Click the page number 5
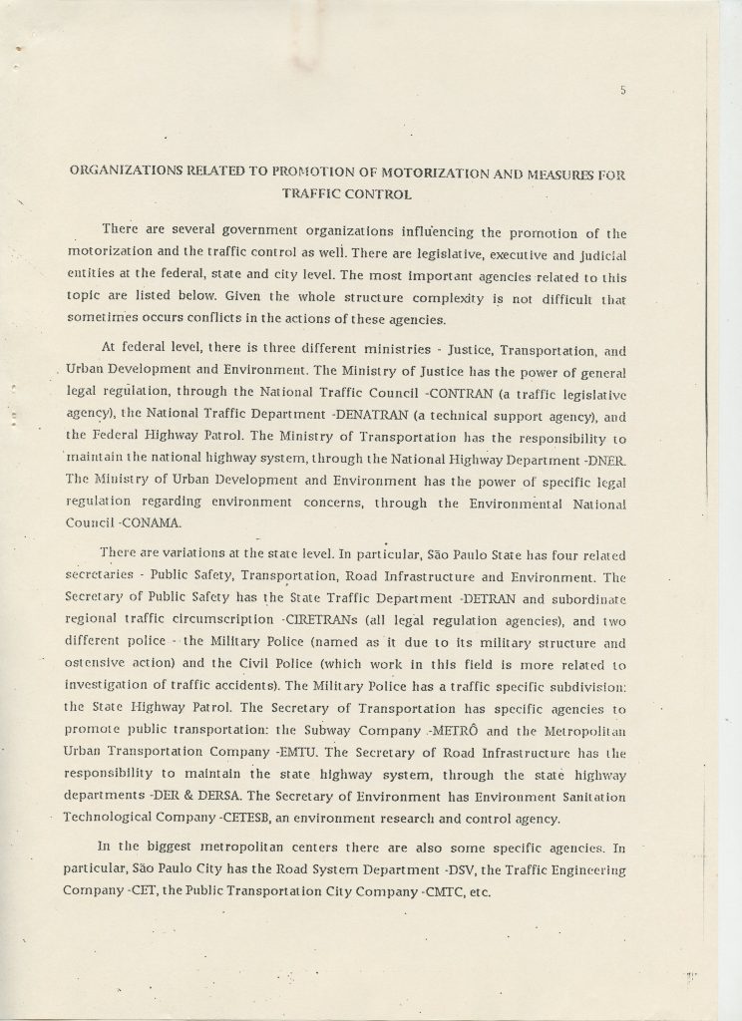coord(621,91)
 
